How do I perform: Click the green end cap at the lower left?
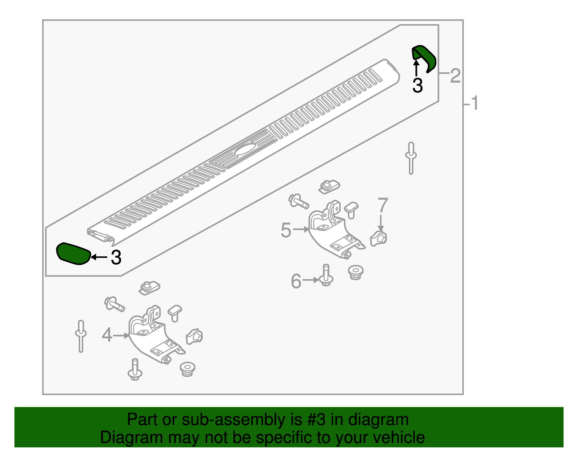(x=73, y=254)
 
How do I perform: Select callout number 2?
(x=455, y=75)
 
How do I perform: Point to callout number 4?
(x=107, y=335)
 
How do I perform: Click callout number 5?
(x=286, y=230)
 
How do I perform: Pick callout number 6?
(x=296, y=281)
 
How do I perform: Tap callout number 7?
(x=383, y=205)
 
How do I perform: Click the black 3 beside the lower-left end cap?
(x=116, y=257)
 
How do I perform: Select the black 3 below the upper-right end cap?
(x=418, y=85)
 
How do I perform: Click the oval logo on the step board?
(x=245, y=149)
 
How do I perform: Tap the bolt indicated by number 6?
(x=326, y=276)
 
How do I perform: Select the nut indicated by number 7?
(x=378, y=238)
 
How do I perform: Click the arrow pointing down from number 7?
(x=381, y=223)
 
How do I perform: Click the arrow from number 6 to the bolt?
(x=311, y=280)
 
